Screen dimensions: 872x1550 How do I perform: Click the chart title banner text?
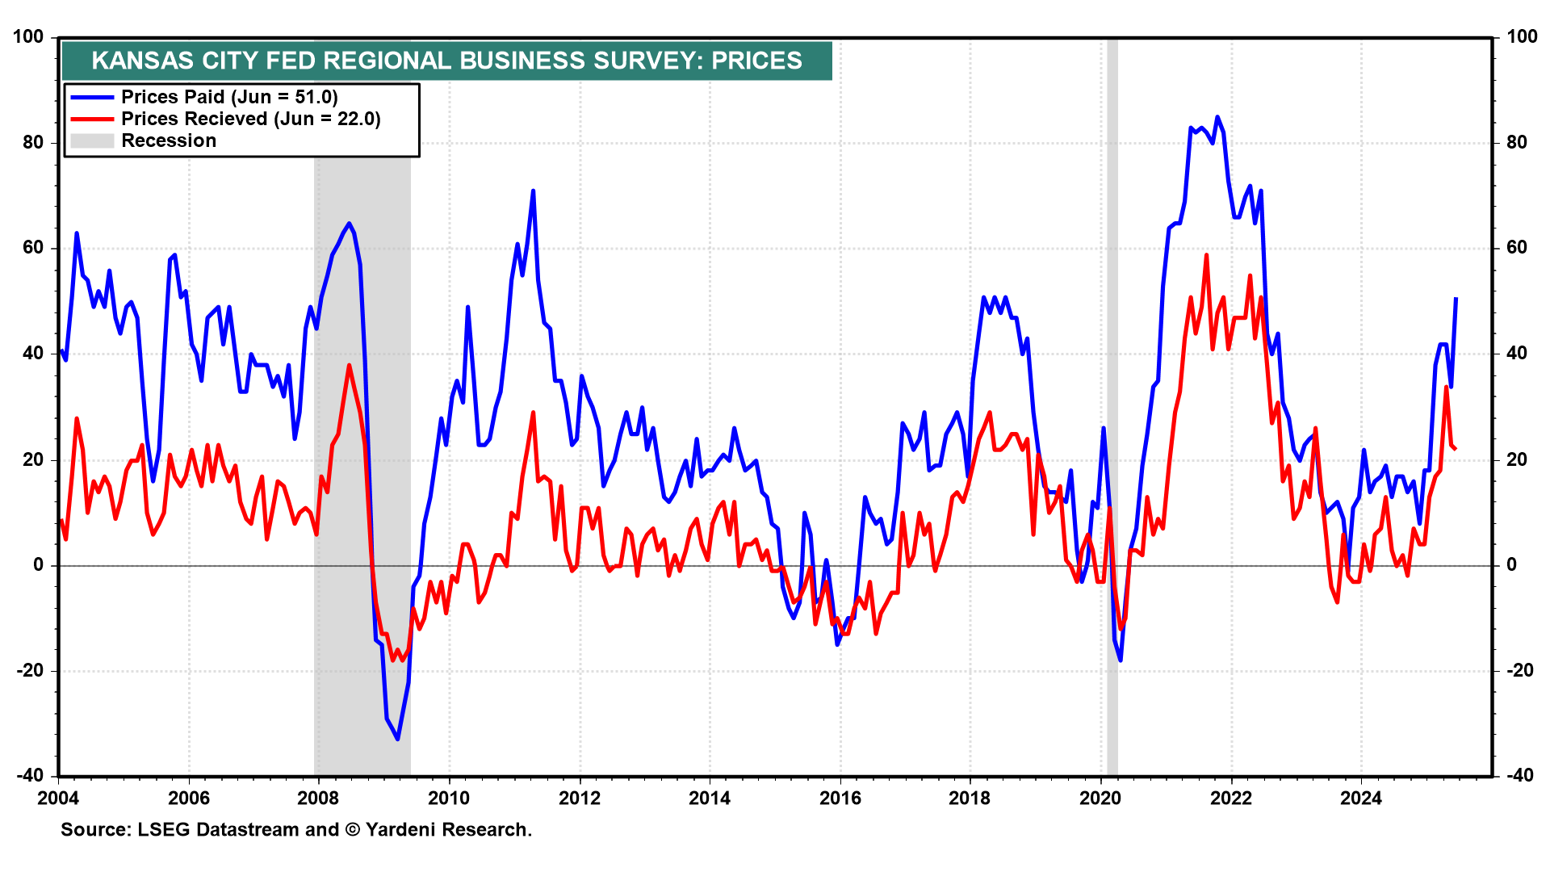pyautogui.click(x=446, y=61)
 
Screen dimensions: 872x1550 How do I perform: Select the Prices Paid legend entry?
pyautogui.click(x=229, y=97)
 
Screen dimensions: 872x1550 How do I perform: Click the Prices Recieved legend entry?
pyautogui.click(x=250, y=119)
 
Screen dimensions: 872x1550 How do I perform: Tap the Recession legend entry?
pyautogui.click(x=169, y=140)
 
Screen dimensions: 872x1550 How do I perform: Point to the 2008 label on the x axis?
pyautogui.click(x=318, y=799)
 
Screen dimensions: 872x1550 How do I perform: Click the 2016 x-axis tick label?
pyautogui.click(x=840, y=799)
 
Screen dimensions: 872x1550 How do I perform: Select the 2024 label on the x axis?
pyautogui.click(x=1361, y=799)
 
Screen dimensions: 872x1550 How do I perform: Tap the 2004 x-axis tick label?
pyautogui.click(x=58, y=799)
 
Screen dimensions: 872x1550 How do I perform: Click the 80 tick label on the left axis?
pyautogui.click(x=33, y=143)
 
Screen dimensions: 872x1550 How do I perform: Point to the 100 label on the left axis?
pyautogui.click(x=29, y=37)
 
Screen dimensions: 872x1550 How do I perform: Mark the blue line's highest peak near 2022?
pyautogui.click(x=1217, y=117)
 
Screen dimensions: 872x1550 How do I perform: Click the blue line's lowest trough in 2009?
pyautogui.click(x=397, y=739)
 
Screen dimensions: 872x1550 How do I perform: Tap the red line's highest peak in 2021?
pyautogui.click(x=1207, y=255)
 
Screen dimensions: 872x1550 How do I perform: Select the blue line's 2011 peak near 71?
pyautogui.click(x=533, y=191)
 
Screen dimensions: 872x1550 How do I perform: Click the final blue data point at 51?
pyautogui.click(x=1456, y=298)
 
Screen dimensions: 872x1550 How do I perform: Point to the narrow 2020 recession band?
pyautogui.click(x=1112, y=404)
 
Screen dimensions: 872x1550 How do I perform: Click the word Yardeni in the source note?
pyautogui.click(x=400, y=830)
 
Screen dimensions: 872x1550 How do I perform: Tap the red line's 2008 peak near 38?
pyautogui.click(x=350, y=365)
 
